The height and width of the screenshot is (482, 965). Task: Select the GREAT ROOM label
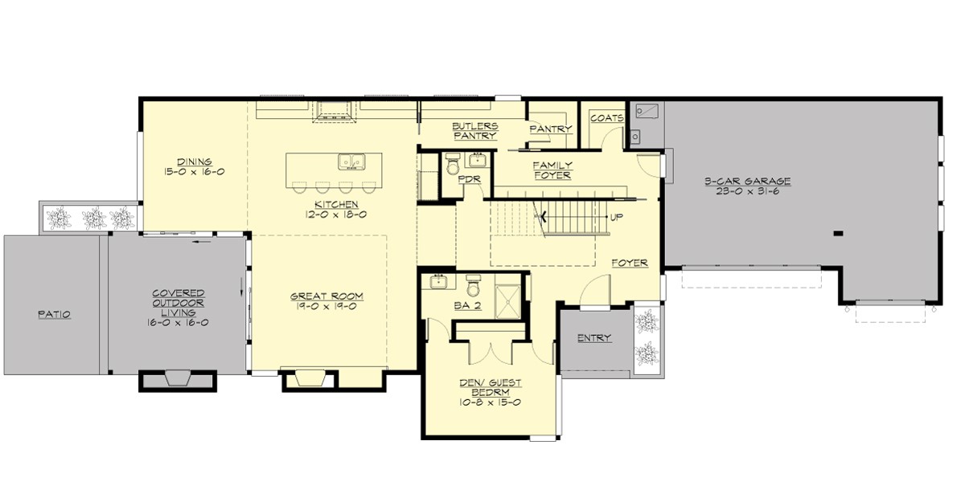click(x=322, y=296)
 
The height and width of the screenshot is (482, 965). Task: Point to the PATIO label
click(x=54, y=315)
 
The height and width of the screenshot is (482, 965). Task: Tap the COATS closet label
click(x=606, y=118)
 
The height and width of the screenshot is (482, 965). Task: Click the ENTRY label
click(x=594, y=338)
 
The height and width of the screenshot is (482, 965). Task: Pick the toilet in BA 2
click(x=474, y=284)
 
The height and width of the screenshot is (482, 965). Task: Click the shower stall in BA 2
click(x=507, y=298)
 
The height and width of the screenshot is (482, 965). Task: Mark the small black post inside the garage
click(x=838, y=234)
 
